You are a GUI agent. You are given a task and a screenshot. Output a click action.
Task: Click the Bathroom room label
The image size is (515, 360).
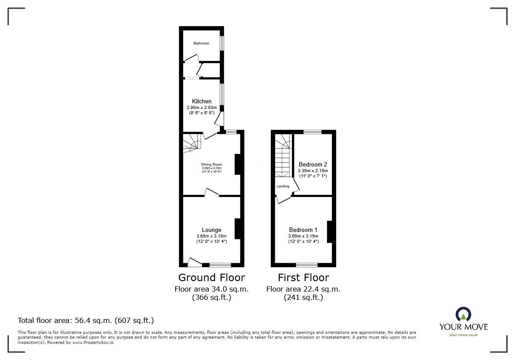pos(201,43)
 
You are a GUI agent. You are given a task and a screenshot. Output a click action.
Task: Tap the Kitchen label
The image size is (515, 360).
pos(201,101)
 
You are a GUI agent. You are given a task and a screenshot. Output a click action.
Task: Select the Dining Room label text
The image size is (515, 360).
pos(211,164)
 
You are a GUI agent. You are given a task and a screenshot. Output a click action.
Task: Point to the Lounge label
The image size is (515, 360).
pos(211,230)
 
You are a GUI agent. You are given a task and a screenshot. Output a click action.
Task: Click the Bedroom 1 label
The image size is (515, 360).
pos(303,230)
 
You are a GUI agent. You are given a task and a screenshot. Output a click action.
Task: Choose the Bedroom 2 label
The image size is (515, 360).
pos(313,164)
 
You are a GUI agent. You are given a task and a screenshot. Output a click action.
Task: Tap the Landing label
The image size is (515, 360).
pos(283,186)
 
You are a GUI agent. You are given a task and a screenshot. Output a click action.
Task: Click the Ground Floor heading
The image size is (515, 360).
pos(211,277)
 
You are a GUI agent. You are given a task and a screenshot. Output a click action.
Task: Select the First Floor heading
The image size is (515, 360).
pos(304,277)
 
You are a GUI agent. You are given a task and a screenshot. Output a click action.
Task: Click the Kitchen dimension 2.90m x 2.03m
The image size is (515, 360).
pos(201,107)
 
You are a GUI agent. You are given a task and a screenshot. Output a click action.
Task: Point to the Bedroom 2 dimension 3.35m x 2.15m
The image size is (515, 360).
pos(313,171)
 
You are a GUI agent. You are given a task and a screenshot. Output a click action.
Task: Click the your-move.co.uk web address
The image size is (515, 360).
pos(463,335)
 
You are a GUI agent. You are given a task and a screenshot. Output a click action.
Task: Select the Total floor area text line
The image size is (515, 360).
pos(85,320)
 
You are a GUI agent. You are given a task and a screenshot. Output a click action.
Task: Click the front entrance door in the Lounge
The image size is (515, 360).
pos(194,262)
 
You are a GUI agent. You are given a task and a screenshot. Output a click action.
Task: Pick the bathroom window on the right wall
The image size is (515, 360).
pos(222,43)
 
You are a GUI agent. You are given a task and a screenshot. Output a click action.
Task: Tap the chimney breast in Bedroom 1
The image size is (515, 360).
pos(330,231)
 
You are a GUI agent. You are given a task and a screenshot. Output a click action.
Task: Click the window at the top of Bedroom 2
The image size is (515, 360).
pos(312,132)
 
